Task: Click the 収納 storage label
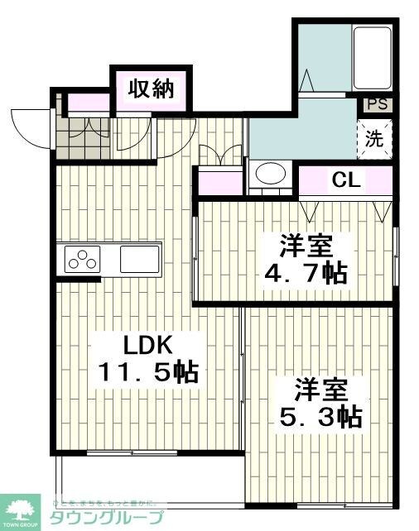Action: click(x=152, y=88)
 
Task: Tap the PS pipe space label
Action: click(x=377, y=104)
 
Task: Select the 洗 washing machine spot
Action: click(x=375, y=139)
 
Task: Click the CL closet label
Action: click(x=346, y=179)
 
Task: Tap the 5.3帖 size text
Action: click(x=319, y=415)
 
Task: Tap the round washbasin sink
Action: click(x=268, y=175)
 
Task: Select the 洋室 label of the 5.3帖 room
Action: click(x=319, y=389)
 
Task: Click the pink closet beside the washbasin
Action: click(x=219, y=180)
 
